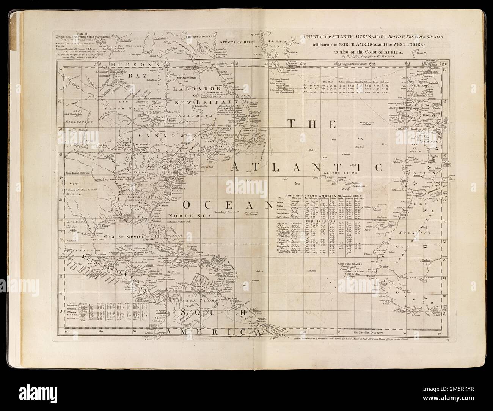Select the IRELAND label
pos(405,107)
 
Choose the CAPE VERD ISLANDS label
pos(351,262)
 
